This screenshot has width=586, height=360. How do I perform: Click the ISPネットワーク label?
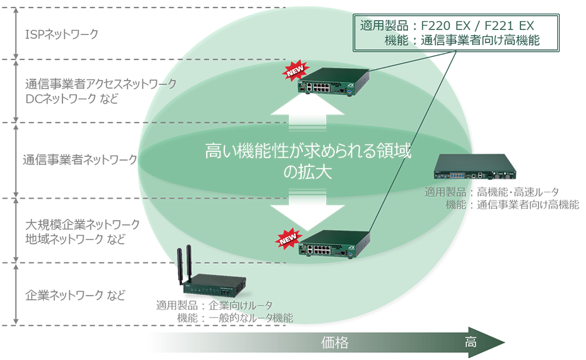pos(61,34)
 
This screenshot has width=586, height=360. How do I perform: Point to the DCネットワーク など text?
pos(74,98)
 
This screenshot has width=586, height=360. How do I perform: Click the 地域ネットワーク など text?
pos(74,239)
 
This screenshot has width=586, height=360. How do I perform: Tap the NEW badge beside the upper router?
pos(294,72)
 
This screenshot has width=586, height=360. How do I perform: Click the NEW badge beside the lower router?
pos(288,237)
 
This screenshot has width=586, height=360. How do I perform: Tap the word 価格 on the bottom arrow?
pos(334,342)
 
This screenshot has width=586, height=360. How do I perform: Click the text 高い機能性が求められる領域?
pos(308,152)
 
